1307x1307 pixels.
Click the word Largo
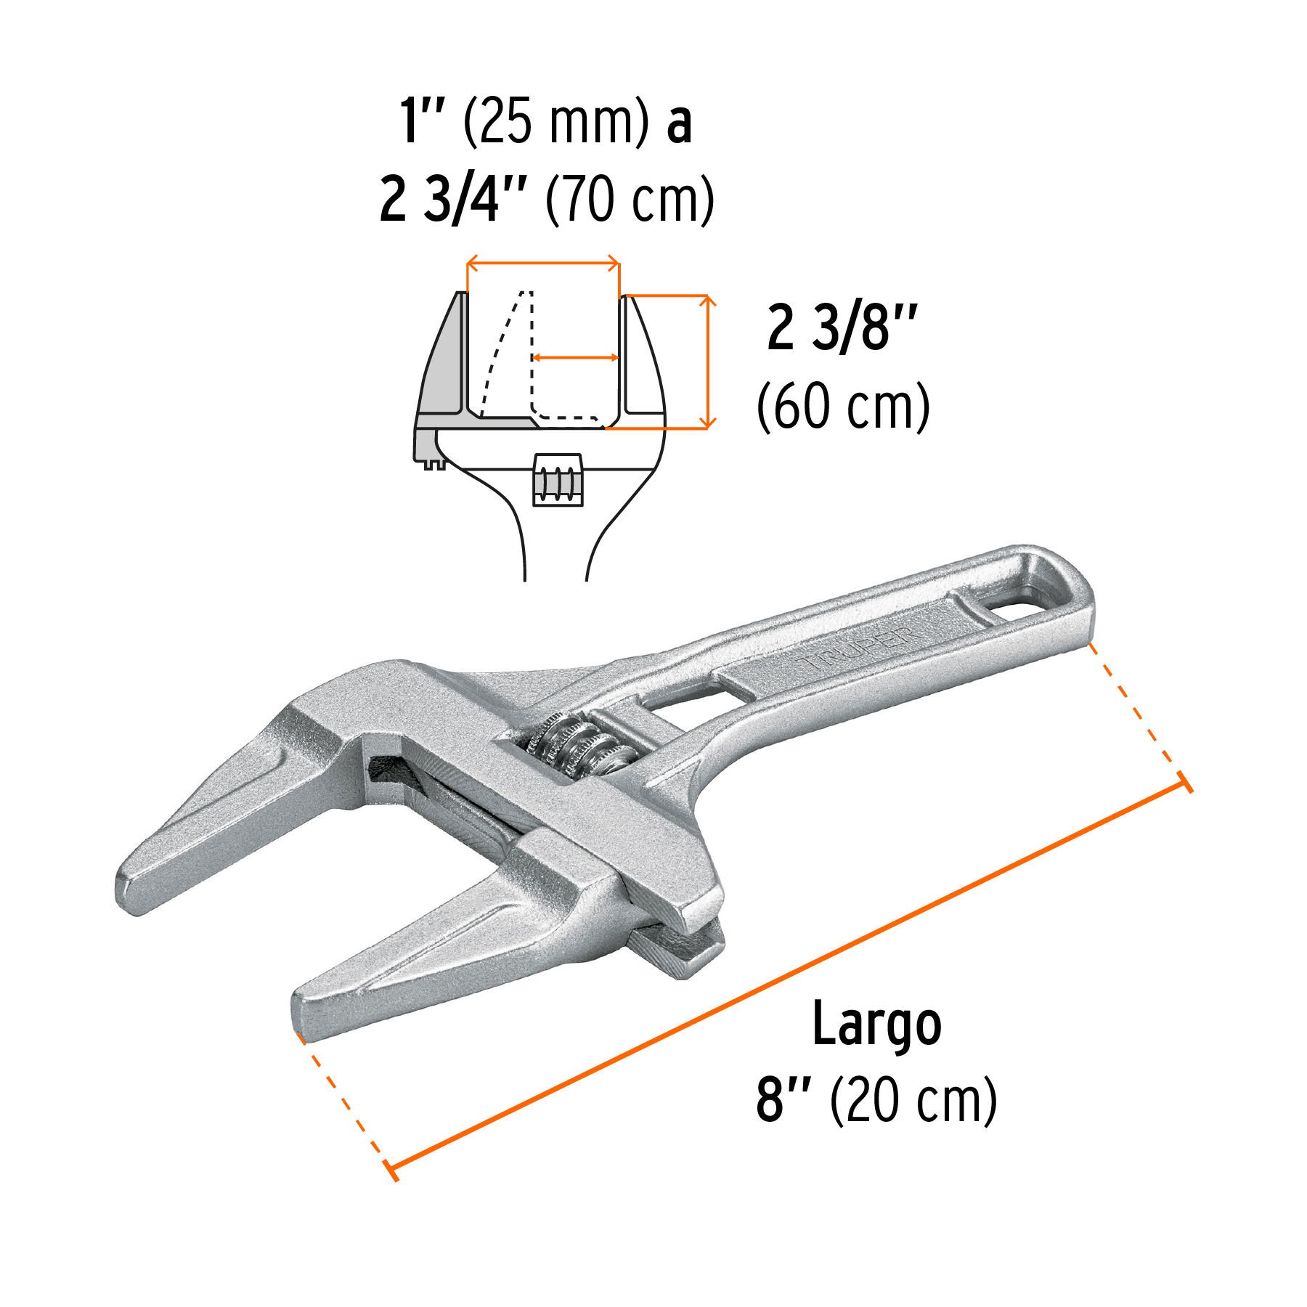coord(876,1025)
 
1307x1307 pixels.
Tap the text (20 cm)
coord(913,1101)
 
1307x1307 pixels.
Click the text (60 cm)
coord(843,407)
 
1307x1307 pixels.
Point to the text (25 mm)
coord(555,121)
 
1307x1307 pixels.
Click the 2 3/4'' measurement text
coord(452,200)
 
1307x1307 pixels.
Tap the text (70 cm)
coord(630,200)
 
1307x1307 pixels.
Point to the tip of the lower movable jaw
coord(305,1012)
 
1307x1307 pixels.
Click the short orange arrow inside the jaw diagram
coord(575,357)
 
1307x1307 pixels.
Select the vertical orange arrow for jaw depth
coord(707,362)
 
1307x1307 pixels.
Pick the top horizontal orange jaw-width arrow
coord(542,264)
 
